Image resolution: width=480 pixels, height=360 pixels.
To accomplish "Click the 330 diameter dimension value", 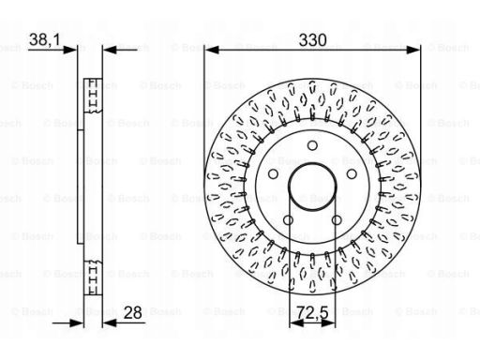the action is pos(312,40).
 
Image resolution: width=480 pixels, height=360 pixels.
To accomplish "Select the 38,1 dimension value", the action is pos(45,40).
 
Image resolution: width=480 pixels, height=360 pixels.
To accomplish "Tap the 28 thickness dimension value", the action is pos(132,312).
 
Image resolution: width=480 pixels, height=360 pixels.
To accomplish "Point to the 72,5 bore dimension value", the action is pos(312,312).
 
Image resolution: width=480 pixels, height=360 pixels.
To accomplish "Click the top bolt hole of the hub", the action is pos(312,145).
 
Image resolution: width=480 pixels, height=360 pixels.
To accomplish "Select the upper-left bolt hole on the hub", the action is pos(274,174).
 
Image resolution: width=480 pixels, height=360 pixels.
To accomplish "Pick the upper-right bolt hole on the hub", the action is pos(352,174).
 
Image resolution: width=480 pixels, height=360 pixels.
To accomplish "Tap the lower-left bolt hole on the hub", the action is pos(288,220).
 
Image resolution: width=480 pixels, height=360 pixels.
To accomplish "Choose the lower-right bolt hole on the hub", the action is pos(337,220).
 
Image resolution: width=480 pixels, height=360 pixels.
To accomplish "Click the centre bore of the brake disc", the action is pos(312,187).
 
